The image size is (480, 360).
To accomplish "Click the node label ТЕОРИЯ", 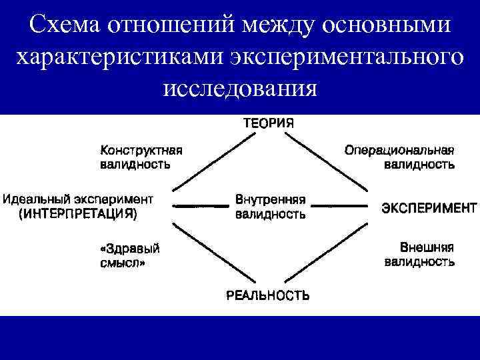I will click(267, 123).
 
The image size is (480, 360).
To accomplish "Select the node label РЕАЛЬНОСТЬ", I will click(267, 295).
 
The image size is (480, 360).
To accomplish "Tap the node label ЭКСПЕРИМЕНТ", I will click(429, 207).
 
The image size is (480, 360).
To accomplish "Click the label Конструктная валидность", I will click(141, 156).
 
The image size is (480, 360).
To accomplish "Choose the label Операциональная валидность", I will click(400, 156).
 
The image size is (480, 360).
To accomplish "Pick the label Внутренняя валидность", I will click(271, 207).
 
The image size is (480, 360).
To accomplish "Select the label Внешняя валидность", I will click(419, 254).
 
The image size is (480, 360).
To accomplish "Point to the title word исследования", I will click(239, 87).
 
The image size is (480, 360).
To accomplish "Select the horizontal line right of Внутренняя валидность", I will click(342, 207).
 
